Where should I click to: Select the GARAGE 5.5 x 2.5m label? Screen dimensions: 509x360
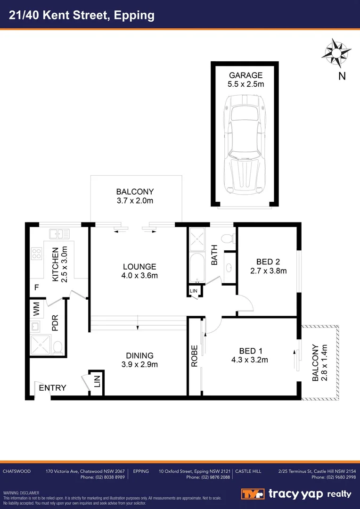245,80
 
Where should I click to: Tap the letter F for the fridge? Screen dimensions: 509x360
36,287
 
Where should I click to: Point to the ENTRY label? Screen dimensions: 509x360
52,388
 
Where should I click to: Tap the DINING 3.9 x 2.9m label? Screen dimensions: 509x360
139,360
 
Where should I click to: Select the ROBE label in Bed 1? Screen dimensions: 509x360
195,358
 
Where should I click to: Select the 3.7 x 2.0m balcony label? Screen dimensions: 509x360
135,196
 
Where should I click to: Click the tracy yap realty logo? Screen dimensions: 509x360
297,493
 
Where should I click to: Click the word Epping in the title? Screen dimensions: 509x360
134,15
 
